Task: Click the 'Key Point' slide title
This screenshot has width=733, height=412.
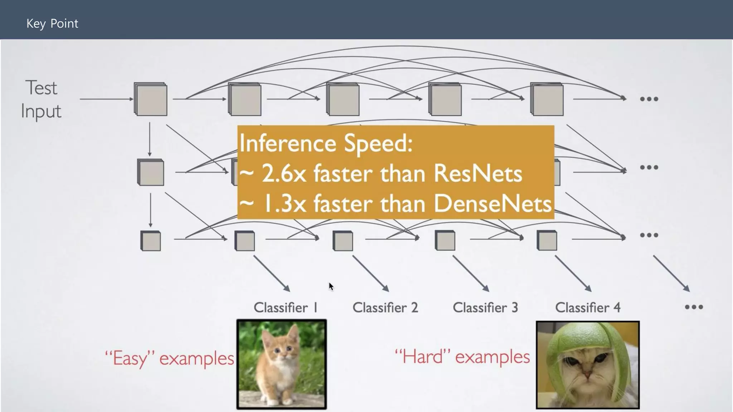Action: (52, 24)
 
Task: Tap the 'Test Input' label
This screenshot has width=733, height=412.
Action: (41, 99)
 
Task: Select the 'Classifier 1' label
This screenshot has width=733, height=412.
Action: (285, 308)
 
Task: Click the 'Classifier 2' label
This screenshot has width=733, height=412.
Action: (385, 308)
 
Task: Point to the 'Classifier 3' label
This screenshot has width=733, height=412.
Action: (485, 308)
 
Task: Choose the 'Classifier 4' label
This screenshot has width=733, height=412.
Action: (587, 308)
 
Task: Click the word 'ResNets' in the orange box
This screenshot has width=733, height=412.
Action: (477, 174)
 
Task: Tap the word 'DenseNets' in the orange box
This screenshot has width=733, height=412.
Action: (492, 204)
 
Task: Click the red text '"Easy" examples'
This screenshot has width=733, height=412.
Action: (170, 358)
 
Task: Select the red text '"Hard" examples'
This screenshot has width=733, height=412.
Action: (462, 357)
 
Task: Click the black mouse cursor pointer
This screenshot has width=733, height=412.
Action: (331, 286)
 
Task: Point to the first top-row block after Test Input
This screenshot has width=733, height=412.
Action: (151, 99)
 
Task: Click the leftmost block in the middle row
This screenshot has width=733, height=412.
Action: (151, 172)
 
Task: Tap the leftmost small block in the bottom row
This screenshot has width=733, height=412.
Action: (151, 241)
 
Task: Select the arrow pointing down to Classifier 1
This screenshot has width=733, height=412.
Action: (272, 274)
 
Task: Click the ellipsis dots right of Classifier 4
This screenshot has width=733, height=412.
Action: (694, 307)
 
